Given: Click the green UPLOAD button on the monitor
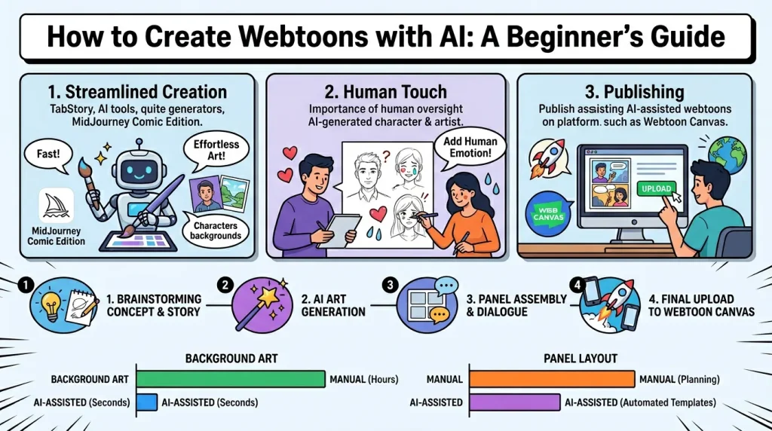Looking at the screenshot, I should [657, 189].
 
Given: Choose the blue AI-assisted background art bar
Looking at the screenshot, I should [146, 402].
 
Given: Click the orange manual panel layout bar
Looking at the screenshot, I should [552, 380].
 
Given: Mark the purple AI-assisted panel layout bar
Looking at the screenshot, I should [514, 402].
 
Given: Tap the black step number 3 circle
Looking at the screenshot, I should [390, 286].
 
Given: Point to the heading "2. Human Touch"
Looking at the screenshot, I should [385, 93].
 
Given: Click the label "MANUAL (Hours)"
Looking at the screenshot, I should [363, 380].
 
